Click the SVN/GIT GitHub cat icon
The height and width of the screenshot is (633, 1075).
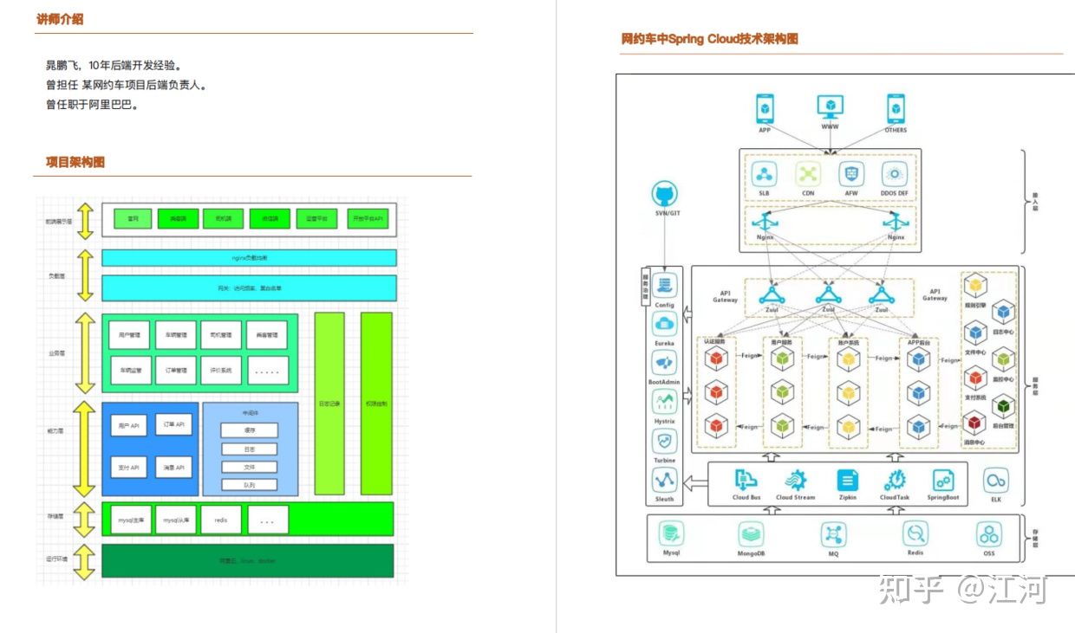click(665, 194)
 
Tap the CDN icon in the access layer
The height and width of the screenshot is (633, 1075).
click(808, 174)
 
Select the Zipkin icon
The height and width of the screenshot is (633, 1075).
click(848, 481)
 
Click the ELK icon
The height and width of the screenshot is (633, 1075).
click(995, 481)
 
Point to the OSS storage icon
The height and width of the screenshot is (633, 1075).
click(989, 533)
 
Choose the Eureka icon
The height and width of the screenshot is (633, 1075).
click(665, 325)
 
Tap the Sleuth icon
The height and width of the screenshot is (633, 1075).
click(665, 481)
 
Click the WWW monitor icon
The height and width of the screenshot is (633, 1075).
click(830, 108)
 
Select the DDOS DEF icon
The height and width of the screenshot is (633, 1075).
click(894, 174)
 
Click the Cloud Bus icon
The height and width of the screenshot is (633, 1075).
click(746, 481)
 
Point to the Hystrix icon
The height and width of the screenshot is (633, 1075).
click(665, 402)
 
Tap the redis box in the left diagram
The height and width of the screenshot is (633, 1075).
click(221, 520)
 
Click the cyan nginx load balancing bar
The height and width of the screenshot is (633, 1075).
click(249, 258)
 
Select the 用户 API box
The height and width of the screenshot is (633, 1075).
click(128, 426)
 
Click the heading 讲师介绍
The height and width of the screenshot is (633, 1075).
click(60, 19)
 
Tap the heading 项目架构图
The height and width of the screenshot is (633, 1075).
click(75, 163)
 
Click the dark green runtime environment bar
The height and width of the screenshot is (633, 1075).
click(247, 561)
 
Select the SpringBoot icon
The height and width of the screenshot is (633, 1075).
click(943, 481)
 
